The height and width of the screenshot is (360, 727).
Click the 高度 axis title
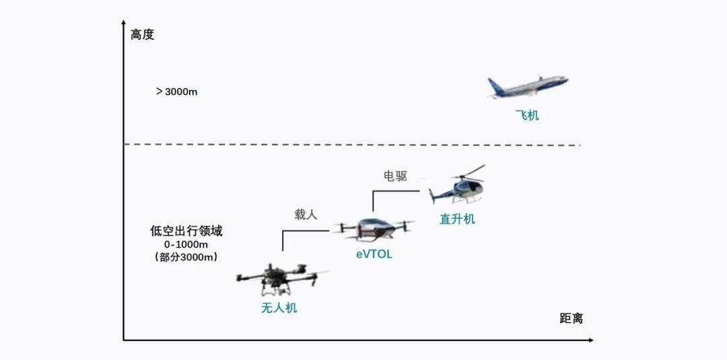[142, 34]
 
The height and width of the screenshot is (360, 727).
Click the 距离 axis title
[571, 318]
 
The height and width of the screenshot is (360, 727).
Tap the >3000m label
[176, 92]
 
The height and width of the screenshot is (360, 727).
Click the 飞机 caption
[527, 115]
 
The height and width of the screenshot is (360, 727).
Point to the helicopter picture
[458, 186]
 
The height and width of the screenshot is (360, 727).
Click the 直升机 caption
[457, 219]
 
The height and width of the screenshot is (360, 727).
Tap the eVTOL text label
[374, 254]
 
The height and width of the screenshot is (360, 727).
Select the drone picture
[280, 278]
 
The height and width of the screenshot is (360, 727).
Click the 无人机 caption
[279, 308]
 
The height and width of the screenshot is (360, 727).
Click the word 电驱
[395, 176]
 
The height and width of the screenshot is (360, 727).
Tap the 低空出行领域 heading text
[186, 231]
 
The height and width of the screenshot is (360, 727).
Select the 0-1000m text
[186, 244]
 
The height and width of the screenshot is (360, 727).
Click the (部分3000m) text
[186, 257]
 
